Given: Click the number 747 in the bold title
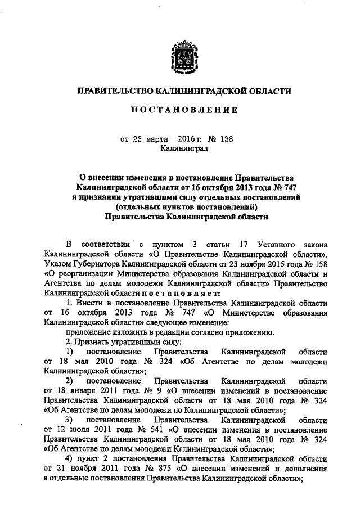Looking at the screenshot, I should point(283,187).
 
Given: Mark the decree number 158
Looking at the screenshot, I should point(319,264).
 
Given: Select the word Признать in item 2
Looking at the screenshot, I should point(92,341).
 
